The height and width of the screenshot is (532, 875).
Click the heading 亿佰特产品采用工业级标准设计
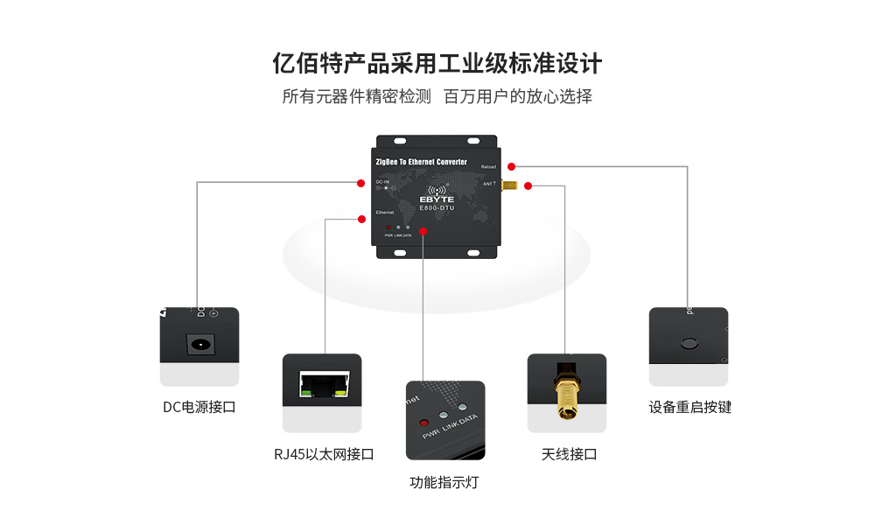click(437, 65)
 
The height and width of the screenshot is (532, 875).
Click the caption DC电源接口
click(199, 407)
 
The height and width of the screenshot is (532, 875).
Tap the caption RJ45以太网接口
click(324, 454)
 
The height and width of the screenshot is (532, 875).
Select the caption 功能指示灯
click(444, 482)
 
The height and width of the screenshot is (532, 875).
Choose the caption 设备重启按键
click(690, 407)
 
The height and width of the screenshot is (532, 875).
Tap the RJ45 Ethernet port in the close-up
click(322, 383)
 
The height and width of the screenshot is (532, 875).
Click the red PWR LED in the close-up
click(426, 419)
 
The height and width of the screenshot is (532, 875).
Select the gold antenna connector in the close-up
click(564, 394)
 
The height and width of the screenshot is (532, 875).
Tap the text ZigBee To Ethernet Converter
click(420, 162)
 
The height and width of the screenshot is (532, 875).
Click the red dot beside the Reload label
click(512, 166)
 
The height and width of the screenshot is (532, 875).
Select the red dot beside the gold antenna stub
click(528, 185)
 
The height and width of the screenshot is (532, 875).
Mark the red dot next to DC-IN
click(360, 183)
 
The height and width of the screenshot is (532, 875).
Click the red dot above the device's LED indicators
click(423, 231)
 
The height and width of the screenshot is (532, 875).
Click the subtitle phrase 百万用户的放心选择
click(518, 96)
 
